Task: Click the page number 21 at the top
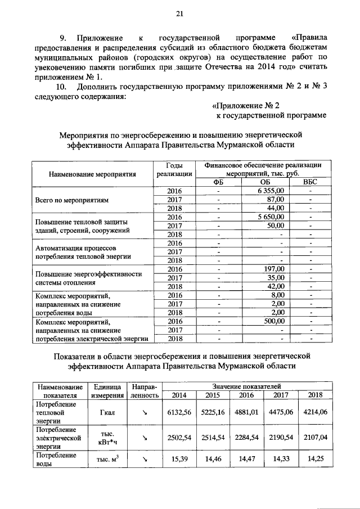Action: (180, 13)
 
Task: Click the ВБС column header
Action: (310, 182)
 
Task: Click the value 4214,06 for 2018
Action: (315, 412)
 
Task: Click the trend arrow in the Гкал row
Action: (145, 412)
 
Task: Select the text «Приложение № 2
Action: (246, 105)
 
